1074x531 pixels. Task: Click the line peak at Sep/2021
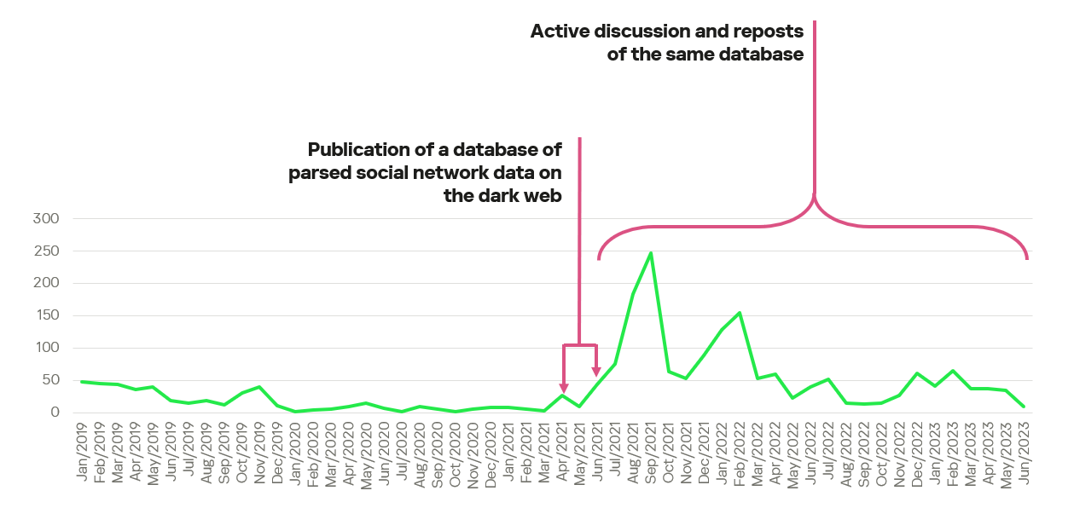pos(651,253)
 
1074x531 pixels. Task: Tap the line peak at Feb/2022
pos(740,313)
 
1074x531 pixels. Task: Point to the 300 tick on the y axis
pos(45,219)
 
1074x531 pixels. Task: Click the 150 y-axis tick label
pos(45,315)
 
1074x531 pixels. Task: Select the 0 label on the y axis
pos(54,413)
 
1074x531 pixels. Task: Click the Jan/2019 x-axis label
pos(82,452)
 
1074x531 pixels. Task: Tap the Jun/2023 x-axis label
pos(1024,452)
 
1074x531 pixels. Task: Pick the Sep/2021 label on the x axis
pos(651,452)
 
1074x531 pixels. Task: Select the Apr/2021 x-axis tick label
pos(562,452)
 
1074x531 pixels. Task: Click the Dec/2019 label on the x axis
pos(277,452)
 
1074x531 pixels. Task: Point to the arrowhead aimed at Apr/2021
pos(563,388)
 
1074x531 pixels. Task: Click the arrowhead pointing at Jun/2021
pos(596,371)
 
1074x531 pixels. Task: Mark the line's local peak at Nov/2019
pos(259,387)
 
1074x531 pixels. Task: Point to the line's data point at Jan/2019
pos(82,382)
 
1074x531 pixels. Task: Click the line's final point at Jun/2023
pos(1024,407)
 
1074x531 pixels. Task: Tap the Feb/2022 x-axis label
pos(740,452)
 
